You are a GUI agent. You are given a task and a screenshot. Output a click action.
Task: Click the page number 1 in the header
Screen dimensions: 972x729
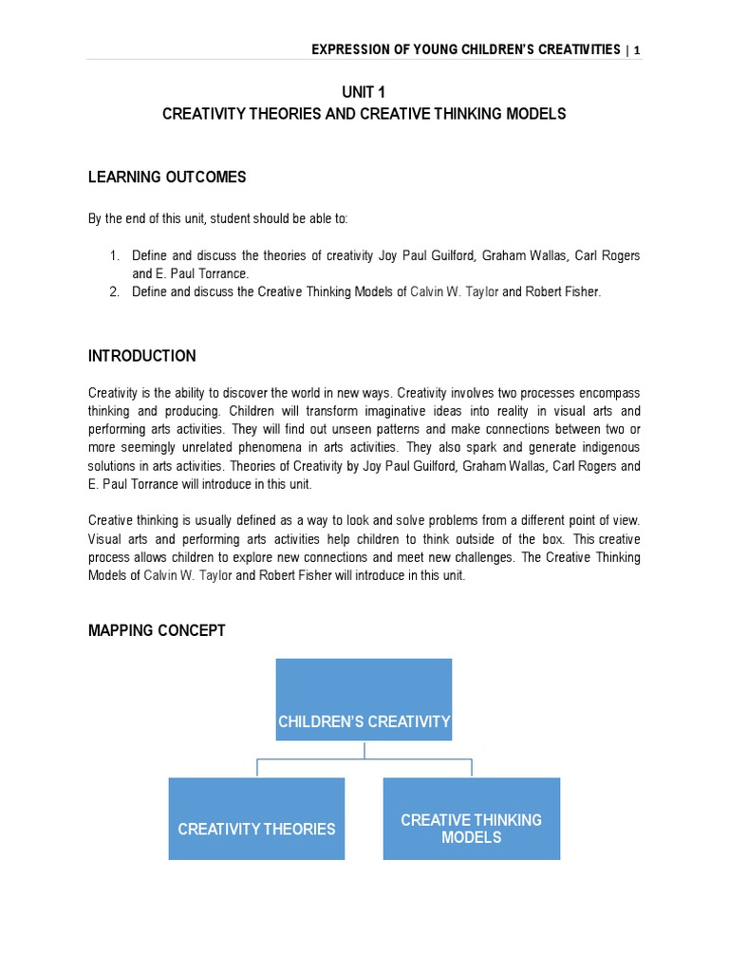pos(637,49)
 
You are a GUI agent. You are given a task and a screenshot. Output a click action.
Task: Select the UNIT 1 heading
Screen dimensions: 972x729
pos(364,91)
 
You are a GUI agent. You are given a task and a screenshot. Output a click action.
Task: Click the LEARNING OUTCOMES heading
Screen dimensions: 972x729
pos(167,178)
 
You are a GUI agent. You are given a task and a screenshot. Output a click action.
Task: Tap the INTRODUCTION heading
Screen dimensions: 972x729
pos(142,356)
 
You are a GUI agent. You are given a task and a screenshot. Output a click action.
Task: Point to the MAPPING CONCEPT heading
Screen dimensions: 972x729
pos(157,630)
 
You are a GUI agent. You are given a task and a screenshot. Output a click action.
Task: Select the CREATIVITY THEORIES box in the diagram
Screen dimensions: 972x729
pos(256,818)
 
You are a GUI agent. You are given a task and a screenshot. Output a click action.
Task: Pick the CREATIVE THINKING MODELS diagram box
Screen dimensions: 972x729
pos(471,818)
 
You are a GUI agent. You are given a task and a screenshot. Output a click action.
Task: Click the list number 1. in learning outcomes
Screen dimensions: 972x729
pos(114,256)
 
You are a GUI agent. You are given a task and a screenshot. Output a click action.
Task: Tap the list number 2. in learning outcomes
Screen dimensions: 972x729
pos(114,292)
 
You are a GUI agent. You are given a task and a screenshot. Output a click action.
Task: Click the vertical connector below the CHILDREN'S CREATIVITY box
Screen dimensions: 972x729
pos(364,751)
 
